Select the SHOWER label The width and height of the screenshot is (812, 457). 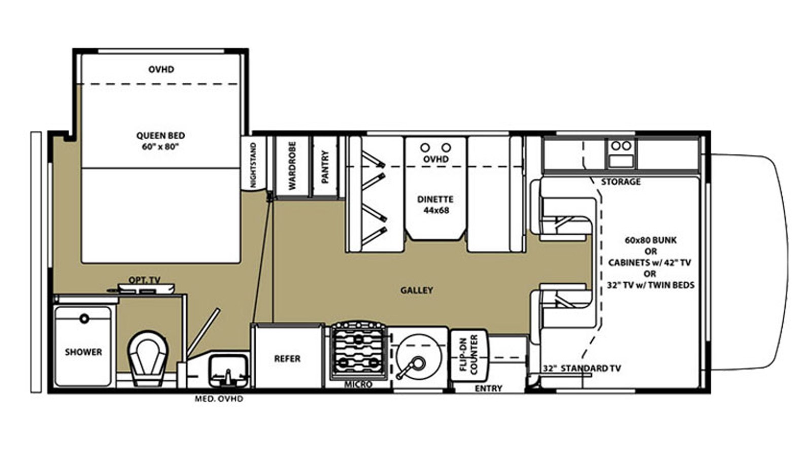(83, 352)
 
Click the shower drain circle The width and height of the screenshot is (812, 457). (84, 319)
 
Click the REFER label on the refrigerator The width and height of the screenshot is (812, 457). (287, 358)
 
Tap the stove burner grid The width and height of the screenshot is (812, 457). (358, 350)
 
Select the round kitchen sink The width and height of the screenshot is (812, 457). (419, 357)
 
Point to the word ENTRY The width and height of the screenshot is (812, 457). (489, 388)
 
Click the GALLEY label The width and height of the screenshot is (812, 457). (417, 290)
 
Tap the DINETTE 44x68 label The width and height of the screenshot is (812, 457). (435, 205)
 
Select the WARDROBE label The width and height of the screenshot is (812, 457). (292, 166)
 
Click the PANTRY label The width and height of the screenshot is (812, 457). (325, 167)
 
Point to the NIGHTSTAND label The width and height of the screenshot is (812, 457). (253, 165)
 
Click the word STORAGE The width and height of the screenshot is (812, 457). (621, 182)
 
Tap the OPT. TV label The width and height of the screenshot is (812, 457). (144, 280)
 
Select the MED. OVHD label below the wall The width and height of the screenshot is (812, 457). (219, 399)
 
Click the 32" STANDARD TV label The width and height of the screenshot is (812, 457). (582, 368)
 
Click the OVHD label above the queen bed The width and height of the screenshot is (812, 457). (161, 69)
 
